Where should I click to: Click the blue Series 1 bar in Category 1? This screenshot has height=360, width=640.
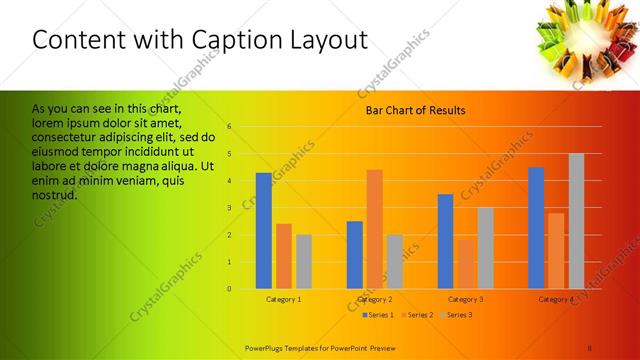(264, 231)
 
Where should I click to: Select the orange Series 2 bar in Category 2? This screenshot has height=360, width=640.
(374, 229)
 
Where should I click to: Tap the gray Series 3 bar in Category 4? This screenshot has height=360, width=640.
(576, 221)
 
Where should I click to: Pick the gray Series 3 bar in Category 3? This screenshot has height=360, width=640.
(485, 248)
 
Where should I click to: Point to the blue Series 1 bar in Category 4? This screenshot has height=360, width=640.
(536, 228)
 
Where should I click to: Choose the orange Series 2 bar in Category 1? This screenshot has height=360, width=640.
(284, 256)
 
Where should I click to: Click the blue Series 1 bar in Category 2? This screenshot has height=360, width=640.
(355, 255)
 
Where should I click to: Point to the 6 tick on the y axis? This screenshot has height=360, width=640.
(230, 127)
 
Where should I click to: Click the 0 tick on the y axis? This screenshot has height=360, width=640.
(230, 289)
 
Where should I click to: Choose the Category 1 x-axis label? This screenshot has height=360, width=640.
(284, 300)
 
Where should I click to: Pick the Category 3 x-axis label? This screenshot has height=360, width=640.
(465, 300)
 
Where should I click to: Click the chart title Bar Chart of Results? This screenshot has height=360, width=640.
(416, 110)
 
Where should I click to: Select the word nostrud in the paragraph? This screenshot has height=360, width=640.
(55, 194)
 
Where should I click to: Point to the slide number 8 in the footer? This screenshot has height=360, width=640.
(590, 347)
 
